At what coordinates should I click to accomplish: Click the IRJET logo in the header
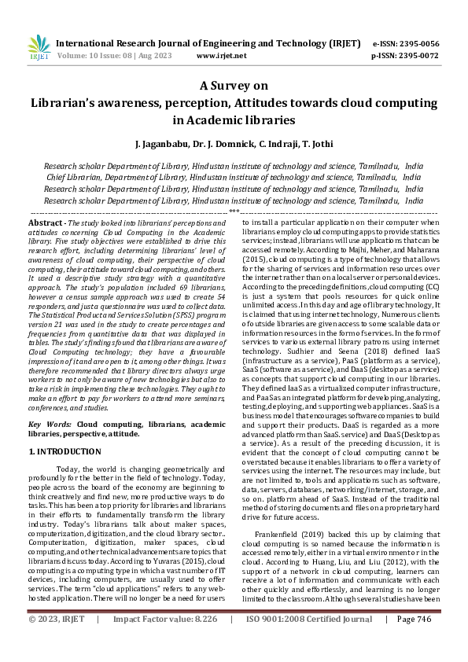point(39,50)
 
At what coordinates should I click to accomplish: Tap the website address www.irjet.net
point(221,56)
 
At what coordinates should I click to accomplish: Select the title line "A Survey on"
point(234,86)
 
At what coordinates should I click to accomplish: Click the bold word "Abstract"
point(45,224)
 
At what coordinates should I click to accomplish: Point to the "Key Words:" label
point(50,424)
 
